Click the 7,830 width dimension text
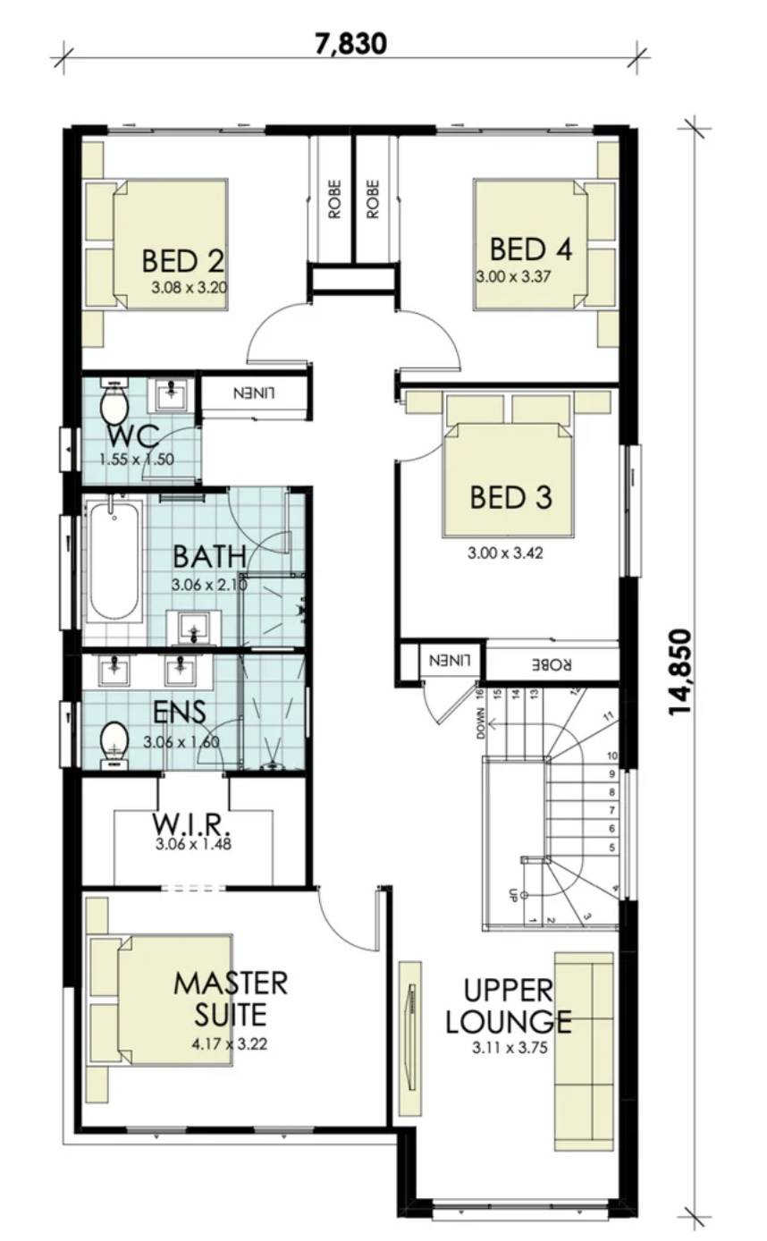[350, 42]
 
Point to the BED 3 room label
[510, 497]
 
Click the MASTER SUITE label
[231, 998]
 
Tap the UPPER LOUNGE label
[508, 1005]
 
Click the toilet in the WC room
[114, 404]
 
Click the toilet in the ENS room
[114, 743]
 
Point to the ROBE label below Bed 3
[551, 664]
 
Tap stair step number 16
[480, 694]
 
